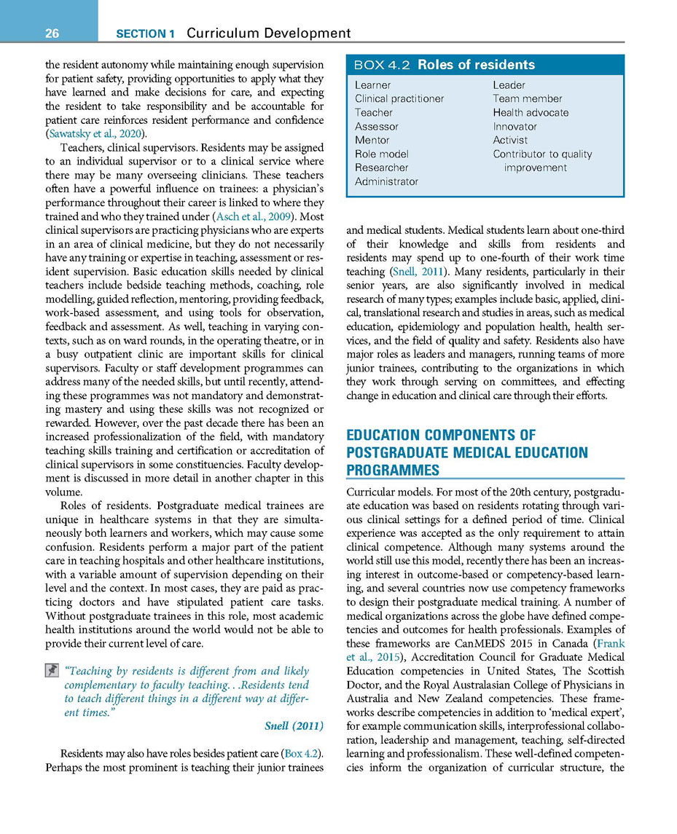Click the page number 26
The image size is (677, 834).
coord(50,33)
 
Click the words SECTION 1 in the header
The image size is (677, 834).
coord(146,34)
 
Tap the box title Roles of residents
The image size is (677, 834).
coord(476,65)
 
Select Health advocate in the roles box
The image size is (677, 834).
coord(531,112)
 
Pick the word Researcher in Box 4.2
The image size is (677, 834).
coord(381,168)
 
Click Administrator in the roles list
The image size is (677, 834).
coord(386,181)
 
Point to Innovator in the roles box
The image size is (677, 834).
coord(514,126)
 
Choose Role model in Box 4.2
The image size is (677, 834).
coord(381,154)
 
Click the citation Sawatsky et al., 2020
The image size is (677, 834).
coord(95,133)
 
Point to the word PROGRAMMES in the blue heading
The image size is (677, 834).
coord(393,470)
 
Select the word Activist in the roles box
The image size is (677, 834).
coord(510,140)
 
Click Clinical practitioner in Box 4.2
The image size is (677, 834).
coord(399,98)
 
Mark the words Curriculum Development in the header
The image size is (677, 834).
coord(269,33)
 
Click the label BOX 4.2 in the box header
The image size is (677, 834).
coord(383,66)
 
